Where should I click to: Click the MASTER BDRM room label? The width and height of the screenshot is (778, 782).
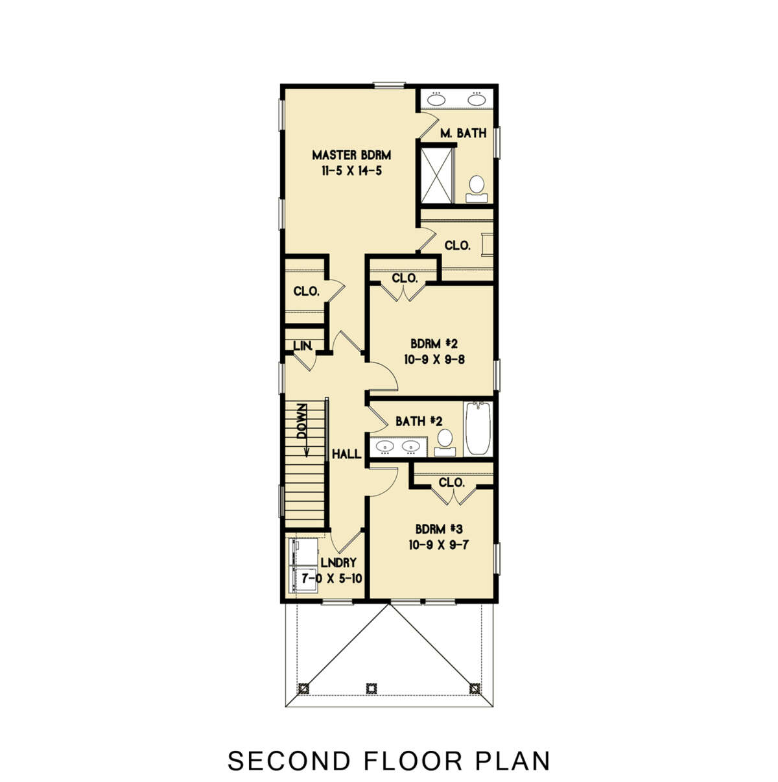[x=351, y=155]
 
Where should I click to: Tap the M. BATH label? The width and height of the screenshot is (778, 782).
[x=463, y=134]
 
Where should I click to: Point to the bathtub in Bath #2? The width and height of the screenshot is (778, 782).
[x=478, y=428]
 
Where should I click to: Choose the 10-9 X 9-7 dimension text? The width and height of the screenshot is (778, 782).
[x=439, y=545]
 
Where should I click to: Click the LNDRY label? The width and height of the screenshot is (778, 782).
[x=338, y=563]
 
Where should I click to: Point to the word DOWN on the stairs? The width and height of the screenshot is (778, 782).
[x=302, y=421]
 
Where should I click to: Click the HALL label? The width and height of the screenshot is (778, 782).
[x=346, y=455]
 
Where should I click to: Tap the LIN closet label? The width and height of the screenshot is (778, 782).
[x=303, y=346]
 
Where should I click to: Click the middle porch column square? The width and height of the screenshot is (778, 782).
[x=371, y=687]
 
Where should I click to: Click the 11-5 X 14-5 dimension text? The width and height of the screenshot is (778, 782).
[x=351, y=171]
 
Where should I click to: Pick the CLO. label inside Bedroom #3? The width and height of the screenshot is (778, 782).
[x=451, y=483]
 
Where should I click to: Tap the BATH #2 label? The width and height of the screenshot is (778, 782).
[x=419, y=421]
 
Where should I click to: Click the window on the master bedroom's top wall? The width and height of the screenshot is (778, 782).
[x=389, y=84]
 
